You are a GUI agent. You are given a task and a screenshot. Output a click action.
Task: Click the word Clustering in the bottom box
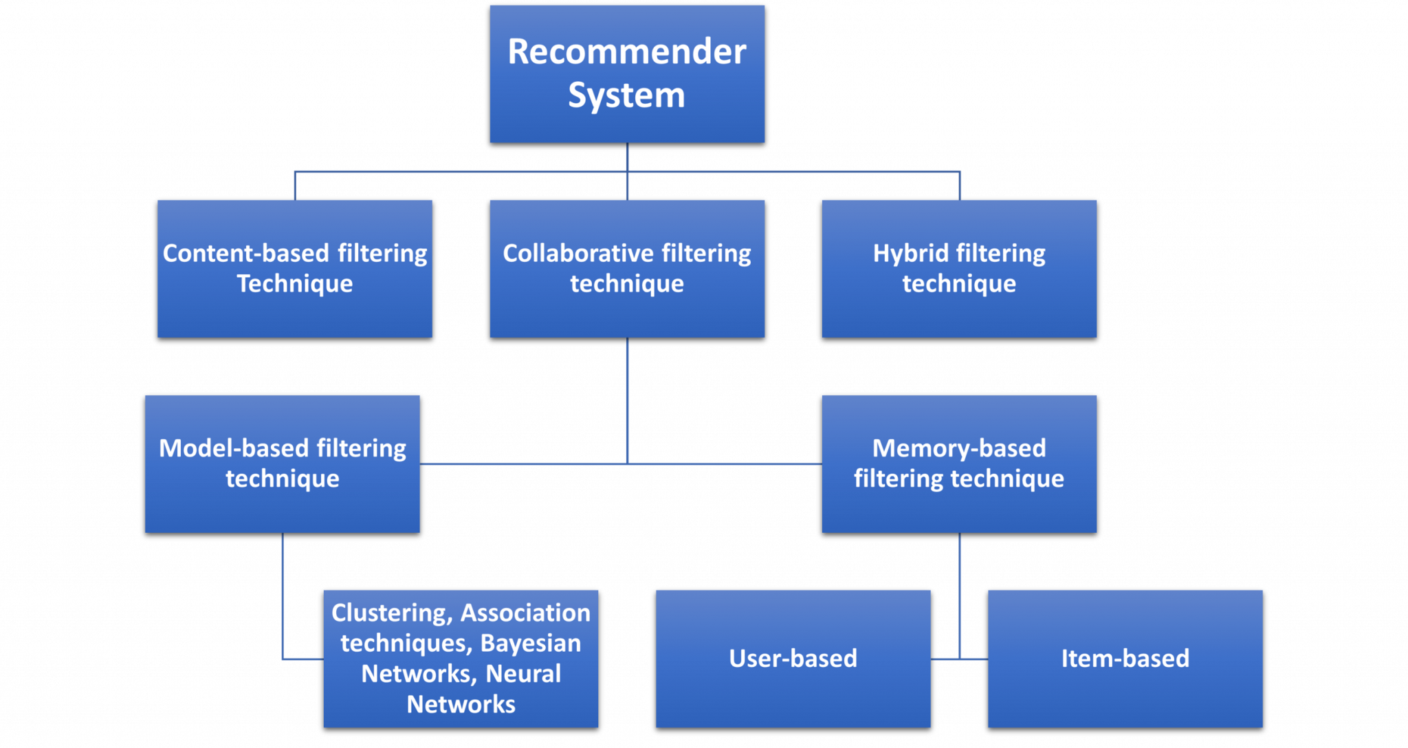pyautogui.click(x=389, y=613)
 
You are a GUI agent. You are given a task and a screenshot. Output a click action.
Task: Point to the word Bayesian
pyautogui.click(x=530, y=643)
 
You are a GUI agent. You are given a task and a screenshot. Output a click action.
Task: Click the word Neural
pyautogui.click(x=523, y=673)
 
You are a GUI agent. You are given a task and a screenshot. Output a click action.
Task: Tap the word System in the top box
pyautogui.click(x=626, y=95)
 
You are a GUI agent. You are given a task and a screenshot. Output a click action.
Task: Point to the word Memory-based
pyautogui.click(x=958, y=448)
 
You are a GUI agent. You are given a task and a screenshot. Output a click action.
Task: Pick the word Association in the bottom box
pyautogui.click(x=525, y=613)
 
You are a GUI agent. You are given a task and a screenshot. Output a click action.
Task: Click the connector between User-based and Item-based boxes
pyautogui.click(x=960, y=659)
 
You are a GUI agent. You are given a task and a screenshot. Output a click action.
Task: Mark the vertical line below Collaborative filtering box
pyautogui.click(x=628, y=399)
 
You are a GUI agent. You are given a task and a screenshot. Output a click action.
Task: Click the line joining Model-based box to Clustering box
pyautogui.click(x=283, y=598)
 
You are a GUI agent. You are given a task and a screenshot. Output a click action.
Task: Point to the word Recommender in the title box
pyautogui.click(x=626, y=52)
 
